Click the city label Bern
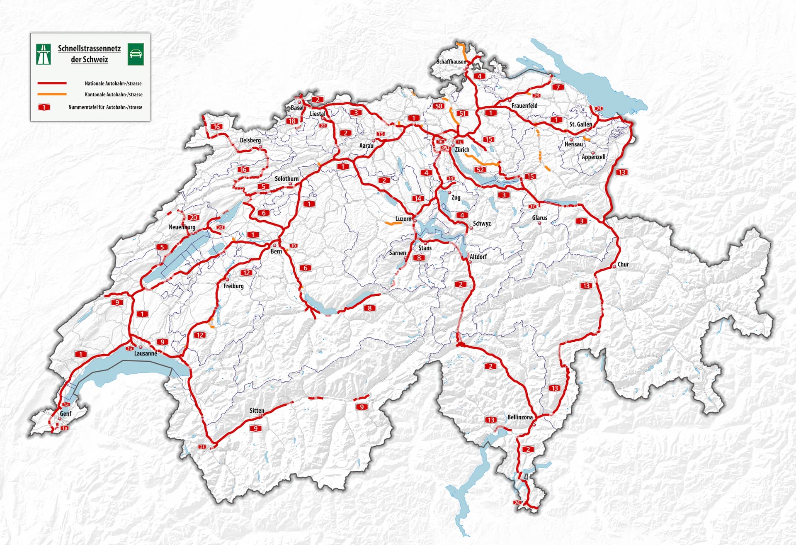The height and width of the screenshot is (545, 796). point(276,251)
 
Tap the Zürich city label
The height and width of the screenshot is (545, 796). point(462,150)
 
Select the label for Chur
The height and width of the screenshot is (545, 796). point(623,264)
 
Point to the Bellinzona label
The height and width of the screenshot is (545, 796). point(520,417)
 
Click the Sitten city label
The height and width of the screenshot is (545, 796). point(257,411)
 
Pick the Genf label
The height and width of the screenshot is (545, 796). point(66,414)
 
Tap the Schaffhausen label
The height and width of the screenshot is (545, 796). point(451,62)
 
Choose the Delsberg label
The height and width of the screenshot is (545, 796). point(250,140)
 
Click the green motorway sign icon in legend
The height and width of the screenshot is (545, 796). point(44,54)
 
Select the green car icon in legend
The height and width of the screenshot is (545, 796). point(136,54)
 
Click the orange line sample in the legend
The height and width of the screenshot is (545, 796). point(52,95)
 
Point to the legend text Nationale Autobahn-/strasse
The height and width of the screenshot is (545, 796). point(113,83)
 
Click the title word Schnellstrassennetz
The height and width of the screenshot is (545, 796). point(89,49)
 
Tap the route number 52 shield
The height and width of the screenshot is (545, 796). point(480,170)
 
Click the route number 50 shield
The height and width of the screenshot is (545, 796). point(438,106)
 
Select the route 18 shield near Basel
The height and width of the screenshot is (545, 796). point(292,121)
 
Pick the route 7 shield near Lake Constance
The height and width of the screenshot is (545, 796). point(558,87)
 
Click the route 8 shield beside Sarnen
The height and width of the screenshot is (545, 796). point(419,258)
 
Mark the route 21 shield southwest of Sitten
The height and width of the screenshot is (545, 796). point(202,447)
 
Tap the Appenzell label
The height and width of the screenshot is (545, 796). point(593,157)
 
